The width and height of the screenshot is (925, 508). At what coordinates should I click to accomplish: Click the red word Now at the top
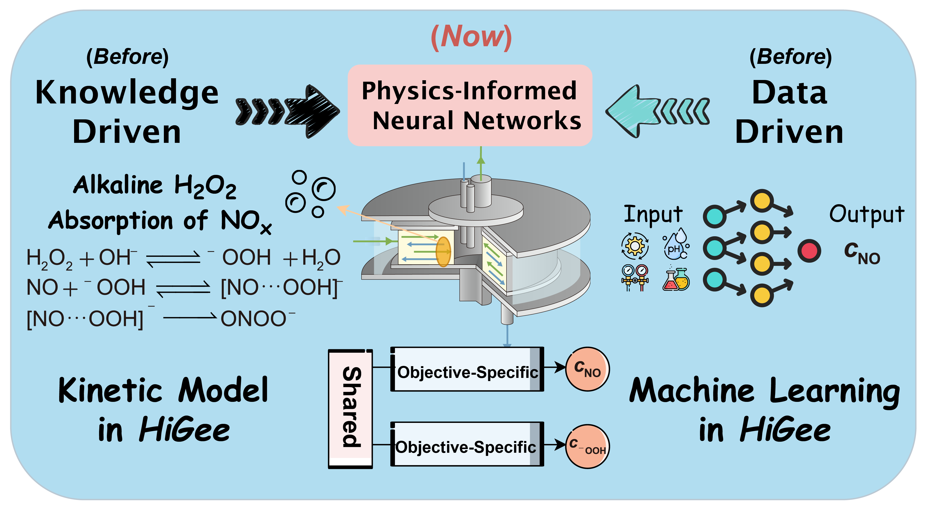point(471,37)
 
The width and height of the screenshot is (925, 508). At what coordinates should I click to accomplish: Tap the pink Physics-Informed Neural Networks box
point(470,105)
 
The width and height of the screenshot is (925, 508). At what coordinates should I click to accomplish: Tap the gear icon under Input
point(634,246)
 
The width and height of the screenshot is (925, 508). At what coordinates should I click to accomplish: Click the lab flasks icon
point(676,279)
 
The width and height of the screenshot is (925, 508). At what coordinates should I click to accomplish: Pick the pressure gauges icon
point(634,277)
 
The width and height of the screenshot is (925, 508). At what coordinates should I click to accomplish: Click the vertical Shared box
point(350,408)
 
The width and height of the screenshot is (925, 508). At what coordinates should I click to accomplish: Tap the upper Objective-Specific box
point(467,369)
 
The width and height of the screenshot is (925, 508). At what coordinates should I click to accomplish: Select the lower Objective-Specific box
point(467,444)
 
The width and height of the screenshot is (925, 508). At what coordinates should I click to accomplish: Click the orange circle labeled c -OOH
point(587,446)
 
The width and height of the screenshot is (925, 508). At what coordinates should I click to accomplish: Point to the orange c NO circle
point(587,369)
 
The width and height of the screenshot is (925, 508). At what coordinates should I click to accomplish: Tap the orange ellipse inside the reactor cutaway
point(443,252)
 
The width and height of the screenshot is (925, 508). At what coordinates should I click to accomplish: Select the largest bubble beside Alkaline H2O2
point(324,189)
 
